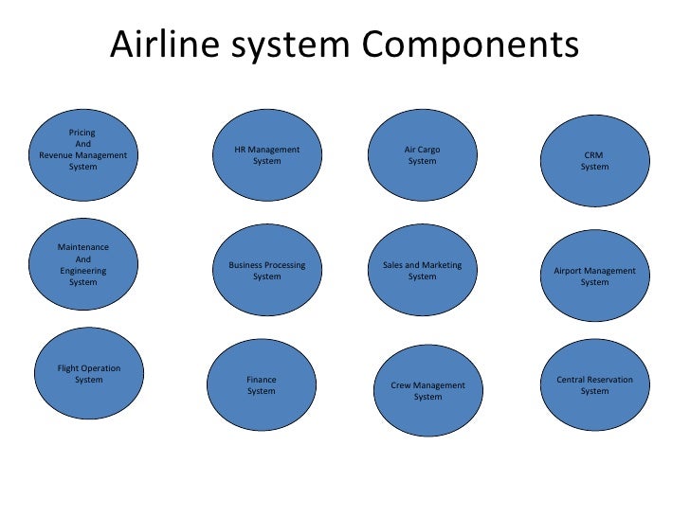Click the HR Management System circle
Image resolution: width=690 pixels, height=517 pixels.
pyautogui.click(x=267, y=155)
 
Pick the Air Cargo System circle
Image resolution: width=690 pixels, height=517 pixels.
pyautogui.click(x=422, y=155)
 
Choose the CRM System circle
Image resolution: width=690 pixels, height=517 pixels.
pyautogui.click(x=595, y=161)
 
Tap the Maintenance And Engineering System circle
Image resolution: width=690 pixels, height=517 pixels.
pyautogui.click(x=83, y=265)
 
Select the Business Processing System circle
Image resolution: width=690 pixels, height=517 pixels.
pyautogui.click(x=267, y=271)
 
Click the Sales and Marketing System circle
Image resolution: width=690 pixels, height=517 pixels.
pyautogui.click(x=422, y=271)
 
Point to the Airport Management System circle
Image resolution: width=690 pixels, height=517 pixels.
pyautogui.click(x=595, y=276)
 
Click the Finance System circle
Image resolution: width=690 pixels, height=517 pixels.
pyautogui.click(x=262, y=386)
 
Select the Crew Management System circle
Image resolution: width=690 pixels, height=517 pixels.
pyautogui.click(x=428, y=391)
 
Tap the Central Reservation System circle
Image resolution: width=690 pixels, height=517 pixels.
pyautogui.click(x=595, y=385)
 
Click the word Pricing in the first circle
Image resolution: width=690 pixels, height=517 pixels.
pyautogui.click(x=82, y=133)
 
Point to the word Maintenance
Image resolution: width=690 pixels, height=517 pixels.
pyautogui.click(x=83, y=247)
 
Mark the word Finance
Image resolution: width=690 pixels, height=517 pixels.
pyautogui.click(x=262, y=380)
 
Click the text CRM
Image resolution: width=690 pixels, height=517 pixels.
pyautogui.click(x=594, y=155)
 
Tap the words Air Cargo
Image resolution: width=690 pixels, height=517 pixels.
pyautogui.click(x=422, y=150)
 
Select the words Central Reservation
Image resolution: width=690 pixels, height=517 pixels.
pyautogui.click(x=595, y=380)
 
